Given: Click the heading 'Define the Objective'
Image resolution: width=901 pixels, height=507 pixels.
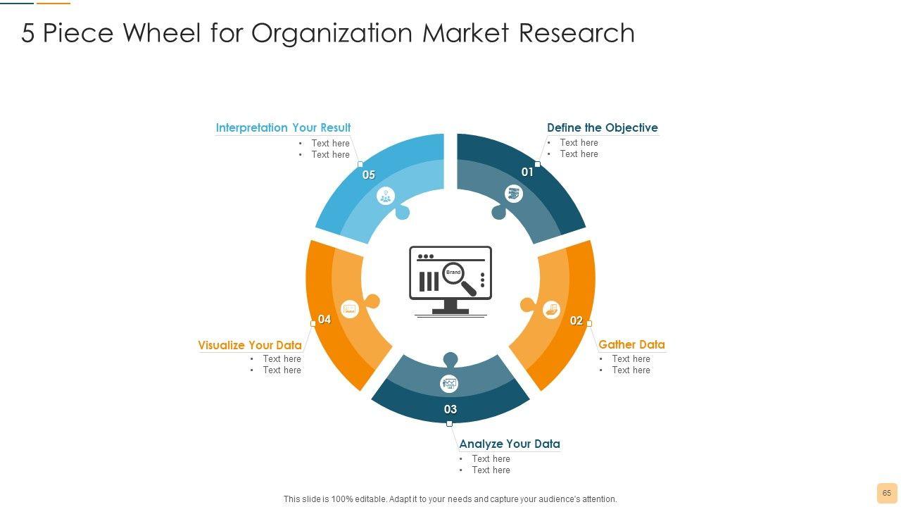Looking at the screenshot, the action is point(602,127).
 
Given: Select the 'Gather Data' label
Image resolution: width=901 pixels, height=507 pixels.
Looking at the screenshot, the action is point(631,344).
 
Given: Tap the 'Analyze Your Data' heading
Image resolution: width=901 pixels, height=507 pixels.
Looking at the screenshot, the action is point(509,444).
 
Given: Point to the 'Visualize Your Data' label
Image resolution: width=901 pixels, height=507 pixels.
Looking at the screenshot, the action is point(249,345).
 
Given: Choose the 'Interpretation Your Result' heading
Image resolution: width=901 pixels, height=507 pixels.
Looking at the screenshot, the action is point(283,127).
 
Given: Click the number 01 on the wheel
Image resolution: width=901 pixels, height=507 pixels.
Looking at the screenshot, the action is point(527,172).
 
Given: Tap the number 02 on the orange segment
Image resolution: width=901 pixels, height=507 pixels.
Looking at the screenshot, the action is point(576,321).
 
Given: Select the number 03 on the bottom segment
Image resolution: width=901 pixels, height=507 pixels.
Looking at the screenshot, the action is point(450,409).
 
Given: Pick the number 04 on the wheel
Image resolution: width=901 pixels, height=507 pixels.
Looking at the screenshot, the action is point(325,320).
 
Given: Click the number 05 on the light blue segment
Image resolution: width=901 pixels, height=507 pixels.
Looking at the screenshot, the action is point(369,175).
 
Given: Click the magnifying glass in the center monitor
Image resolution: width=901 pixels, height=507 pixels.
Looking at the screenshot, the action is point(459,277).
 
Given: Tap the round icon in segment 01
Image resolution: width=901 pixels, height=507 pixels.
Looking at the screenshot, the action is point(515,194).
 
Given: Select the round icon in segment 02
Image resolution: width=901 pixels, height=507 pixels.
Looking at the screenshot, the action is point(551,308).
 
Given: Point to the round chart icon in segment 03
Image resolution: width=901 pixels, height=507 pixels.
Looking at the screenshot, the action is point(449,384).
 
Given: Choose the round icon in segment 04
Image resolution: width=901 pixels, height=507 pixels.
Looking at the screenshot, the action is point(350,308).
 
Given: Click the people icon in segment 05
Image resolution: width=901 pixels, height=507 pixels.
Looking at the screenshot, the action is point(386,196).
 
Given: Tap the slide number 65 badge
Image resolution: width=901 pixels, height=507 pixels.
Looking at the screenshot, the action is point(886,493).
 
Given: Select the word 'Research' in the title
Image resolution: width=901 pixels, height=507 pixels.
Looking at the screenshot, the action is point(576,33).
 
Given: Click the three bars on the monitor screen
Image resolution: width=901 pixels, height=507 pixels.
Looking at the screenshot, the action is point(429,281).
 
